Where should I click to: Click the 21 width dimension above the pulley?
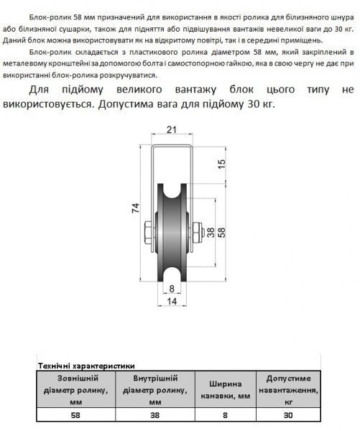click(x=170, y=131)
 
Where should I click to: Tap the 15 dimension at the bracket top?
click(x=221, y=163)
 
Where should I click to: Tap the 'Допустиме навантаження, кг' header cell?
click(x=288, y=389)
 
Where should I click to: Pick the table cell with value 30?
click(x=288, y=414)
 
